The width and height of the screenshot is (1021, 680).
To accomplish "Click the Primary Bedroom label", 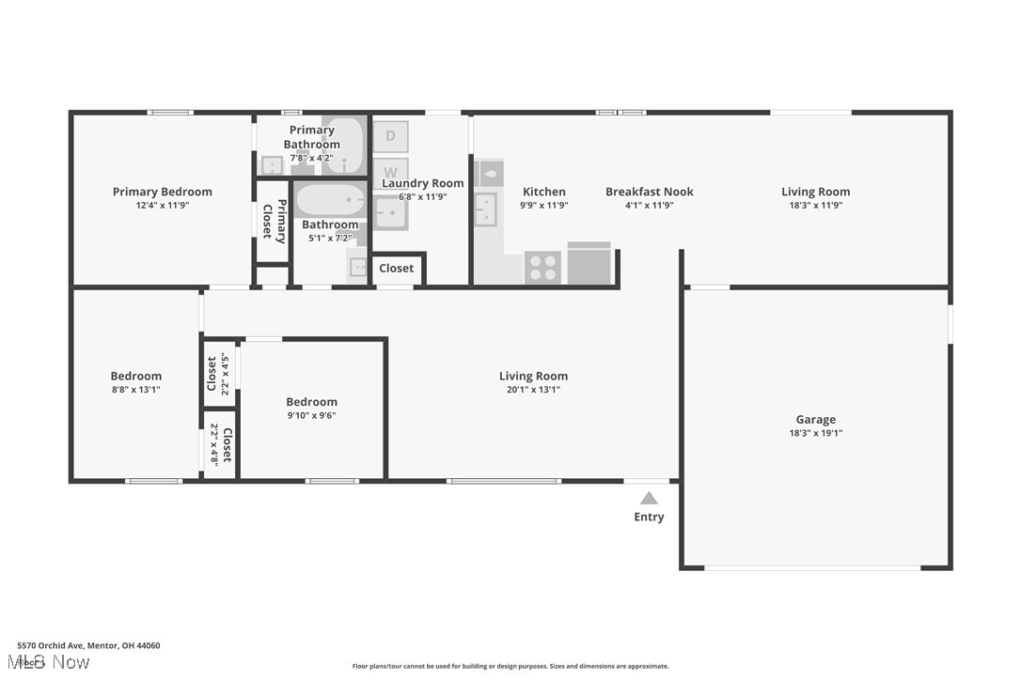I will [x=162, y=192].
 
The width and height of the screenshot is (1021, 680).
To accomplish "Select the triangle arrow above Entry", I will [x=649, y=499].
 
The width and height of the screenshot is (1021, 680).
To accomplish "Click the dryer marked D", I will [x=390, y=136].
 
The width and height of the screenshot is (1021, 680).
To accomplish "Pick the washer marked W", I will [x=390, y=173].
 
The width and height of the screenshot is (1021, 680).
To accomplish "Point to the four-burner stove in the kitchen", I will [x=542, y=268].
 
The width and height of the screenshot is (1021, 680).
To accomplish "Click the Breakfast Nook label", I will [x=649, y=192].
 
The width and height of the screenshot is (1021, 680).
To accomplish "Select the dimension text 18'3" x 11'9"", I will [x=815, y=206].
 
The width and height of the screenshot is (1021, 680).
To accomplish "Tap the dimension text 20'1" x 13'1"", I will [x=533, y=390].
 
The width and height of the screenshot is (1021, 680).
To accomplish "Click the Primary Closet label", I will [x=274, y=221].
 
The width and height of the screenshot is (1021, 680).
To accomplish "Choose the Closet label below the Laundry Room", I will [x=396, y=269].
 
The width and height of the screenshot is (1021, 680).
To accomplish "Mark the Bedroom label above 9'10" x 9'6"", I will [x=311, y=402].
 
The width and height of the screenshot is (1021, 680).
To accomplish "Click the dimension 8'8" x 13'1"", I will [x=135, y=390].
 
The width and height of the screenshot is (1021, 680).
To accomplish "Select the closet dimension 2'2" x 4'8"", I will [x=215, y=444].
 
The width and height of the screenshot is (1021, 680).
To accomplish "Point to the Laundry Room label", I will [x=422, y=183].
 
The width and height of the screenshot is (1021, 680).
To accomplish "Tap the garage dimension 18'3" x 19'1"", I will [x=815, y=434].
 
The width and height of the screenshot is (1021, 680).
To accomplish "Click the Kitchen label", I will [x=543, y=192].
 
